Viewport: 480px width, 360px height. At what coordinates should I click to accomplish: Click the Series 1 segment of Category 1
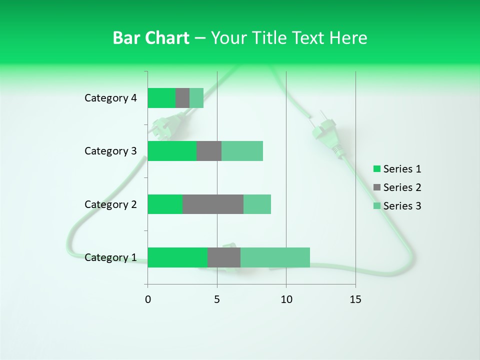tap(177, 257)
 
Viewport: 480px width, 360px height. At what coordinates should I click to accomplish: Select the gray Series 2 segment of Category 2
tap(213, 204)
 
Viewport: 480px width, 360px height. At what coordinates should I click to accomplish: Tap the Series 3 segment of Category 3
tap(242, 151)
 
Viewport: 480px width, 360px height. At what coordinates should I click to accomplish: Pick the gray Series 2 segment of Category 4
tap(182, 98)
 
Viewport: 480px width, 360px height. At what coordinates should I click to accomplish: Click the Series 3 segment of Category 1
tap(275, 257)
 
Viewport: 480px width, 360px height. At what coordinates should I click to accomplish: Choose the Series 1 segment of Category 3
tap(172, 151)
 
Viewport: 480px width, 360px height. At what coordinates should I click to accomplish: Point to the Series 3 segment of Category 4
tap(196, 98)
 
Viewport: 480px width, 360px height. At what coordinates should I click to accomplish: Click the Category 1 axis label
tap(110, 257)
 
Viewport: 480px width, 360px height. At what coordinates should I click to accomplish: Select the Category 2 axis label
tap(110, 204)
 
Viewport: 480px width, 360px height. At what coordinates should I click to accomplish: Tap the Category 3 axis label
tap(110, 151)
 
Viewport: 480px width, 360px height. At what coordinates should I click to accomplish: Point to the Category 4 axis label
tap(110, 98)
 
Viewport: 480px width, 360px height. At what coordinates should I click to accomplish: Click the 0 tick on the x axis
tap(148, 299)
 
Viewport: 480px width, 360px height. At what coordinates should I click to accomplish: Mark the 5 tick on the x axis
tap(217, 299)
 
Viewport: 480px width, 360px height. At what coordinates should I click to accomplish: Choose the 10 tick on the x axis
tap(286, 299)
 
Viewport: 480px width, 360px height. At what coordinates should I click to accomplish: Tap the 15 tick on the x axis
tap(355, 299)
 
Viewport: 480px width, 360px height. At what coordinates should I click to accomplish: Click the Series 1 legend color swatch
tap(376, 169)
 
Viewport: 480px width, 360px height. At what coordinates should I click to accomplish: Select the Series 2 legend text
tap(402, 187)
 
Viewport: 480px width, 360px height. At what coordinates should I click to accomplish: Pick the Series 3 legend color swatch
tap(376, 206)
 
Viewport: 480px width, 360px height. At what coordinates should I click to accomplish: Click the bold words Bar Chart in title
tap(151, 38)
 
